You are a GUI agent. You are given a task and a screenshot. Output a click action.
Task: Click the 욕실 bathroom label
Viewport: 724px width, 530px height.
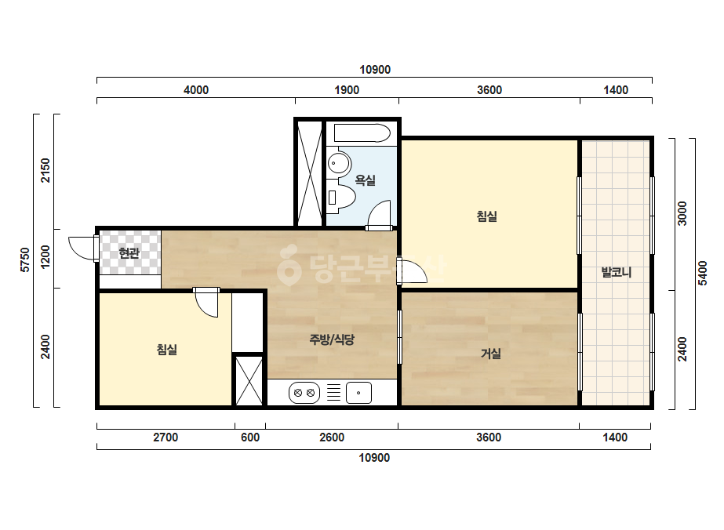[365, 180]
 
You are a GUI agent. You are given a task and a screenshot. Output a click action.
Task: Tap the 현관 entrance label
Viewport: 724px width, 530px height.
[129, 253]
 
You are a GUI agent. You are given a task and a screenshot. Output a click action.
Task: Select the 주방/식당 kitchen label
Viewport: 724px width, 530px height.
[332, 339]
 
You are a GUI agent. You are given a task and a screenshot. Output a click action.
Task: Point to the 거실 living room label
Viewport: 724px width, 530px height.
[490, 354]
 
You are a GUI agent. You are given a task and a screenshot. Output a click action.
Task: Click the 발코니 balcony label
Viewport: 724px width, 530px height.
[616, 272]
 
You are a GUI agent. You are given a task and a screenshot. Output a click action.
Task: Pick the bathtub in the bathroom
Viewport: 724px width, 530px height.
[362, 133]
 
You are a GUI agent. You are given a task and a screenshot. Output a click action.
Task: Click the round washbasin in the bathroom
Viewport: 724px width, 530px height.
[340, 163]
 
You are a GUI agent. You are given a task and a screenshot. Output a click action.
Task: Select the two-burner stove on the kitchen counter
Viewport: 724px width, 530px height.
[304, 393]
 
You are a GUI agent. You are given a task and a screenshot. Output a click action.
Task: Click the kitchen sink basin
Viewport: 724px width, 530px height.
[358, 393]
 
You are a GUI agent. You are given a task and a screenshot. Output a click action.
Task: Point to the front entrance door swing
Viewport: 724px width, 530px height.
[83, 248]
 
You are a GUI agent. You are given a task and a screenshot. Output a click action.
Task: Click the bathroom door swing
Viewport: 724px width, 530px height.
[380, 215]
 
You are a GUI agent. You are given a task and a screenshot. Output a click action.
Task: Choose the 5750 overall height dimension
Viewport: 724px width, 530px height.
[25, 260]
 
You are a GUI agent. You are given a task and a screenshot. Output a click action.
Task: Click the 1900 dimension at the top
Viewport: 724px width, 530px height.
[347, 89]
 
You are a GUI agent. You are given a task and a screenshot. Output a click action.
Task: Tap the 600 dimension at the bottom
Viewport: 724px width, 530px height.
[249, 437]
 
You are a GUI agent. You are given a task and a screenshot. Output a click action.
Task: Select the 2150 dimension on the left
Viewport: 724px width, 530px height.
[45, 170]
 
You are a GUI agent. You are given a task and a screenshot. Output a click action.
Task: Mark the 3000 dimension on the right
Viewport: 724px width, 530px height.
[682, 213]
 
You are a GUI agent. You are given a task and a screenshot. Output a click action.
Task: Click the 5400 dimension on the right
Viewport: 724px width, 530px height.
[702, 274]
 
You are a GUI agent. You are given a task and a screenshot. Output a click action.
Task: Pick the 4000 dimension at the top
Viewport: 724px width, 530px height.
[196, 89]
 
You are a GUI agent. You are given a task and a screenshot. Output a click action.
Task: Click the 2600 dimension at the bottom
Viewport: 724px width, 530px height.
[332, 437]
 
